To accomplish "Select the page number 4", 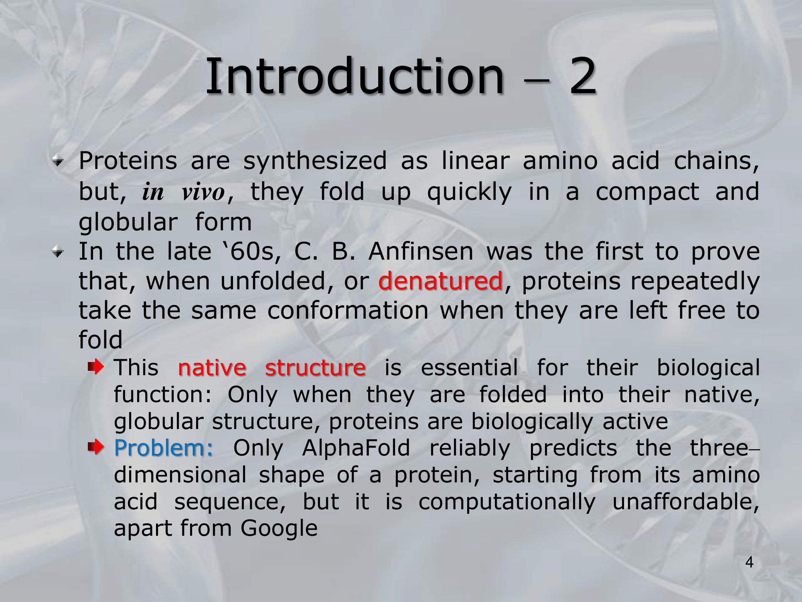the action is (x=749, y=562).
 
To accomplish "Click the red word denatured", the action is (x=440, y=281).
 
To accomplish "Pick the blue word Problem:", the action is (x=164, y=448).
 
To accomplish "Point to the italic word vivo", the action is (x=203, y=192).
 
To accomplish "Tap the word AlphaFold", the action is (x=356, y=448).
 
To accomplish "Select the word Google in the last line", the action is (x=279, y=529).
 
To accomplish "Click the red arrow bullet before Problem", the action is (x=96, y=446).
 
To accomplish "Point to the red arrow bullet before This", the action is (x=96, y=366).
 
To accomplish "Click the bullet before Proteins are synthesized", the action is (x=58, y=161).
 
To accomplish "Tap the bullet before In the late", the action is (x=58, y=252).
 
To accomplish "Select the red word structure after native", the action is (x=315, y=368).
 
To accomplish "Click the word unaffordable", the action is (x=686, y=502).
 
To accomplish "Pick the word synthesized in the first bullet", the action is (x=315, y=161).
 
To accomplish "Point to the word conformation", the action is (x=348, y=311).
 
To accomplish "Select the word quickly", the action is (x=470, y=192).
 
